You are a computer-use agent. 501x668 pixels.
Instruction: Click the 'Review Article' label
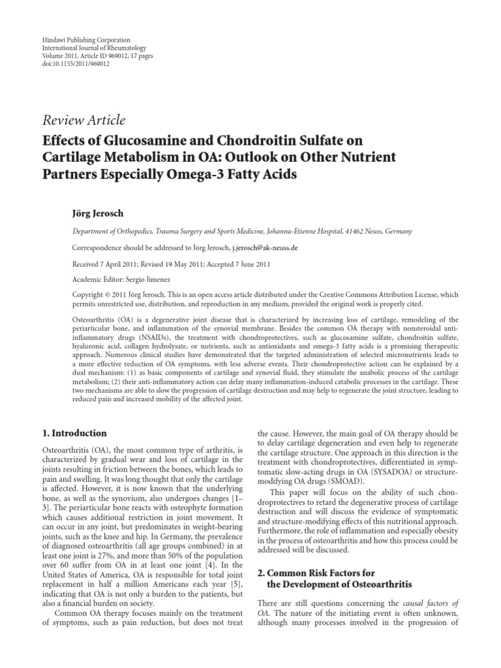(x=83, y=120)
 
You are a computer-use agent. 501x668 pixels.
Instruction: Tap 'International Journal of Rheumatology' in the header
(x=93, y=48)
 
